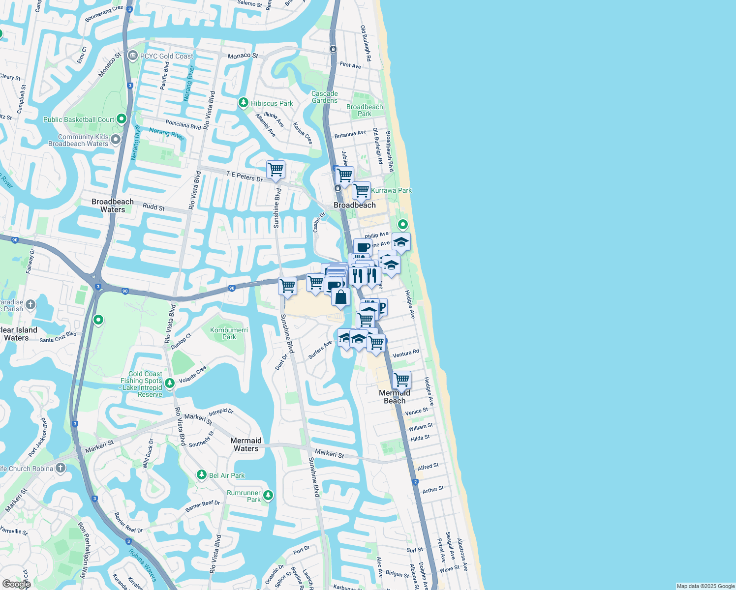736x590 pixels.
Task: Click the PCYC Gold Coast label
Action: (166, 56)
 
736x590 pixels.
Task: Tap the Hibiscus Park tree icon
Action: (243, 103)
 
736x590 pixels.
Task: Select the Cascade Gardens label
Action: (325, 97)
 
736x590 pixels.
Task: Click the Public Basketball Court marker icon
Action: (122, 119)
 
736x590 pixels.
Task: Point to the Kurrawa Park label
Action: (391, 190)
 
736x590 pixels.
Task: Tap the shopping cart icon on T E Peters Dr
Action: (276, 170)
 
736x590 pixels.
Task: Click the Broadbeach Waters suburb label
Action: (113, 206)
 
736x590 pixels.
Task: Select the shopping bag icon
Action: (340, 297)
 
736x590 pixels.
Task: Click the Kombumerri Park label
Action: (229, 333)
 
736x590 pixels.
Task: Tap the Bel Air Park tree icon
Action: (201, 474)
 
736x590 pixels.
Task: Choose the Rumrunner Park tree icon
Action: (268, 495)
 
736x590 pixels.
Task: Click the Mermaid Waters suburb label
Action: (246, 444)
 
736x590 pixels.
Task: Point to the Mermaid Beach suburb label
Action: (395, 397)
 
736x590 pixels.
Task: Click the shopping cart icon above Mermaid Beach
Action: (401, 380)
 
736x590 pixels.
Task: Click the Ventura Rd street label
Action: (406, 354)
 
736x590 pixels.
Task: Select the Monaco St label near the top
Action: (243, 56)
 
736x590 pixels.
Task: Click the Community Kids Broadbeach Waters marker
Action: (116, 140)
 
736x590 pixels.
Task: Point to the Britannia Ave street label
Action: (350, 134)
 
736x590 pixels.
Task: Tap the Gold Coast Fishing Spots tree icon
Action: (170, 383)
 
